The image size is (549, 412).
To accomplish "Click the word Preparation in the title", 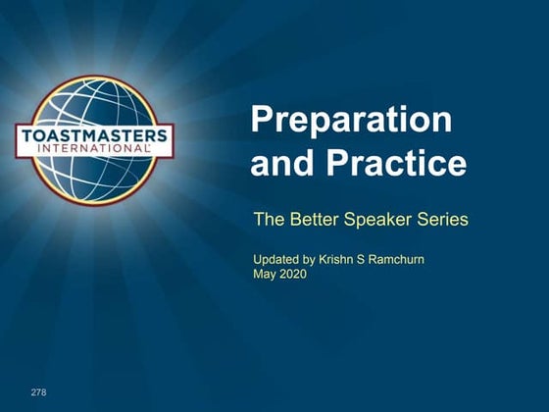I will [x=351, y=121].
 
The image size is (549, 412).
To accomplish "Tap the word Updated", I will [x=277, y=260].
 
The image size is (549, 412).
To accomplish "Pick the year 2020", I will [x=293, y=275].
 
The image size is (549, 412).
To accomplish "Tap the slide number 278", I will [x=38, y=392].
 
